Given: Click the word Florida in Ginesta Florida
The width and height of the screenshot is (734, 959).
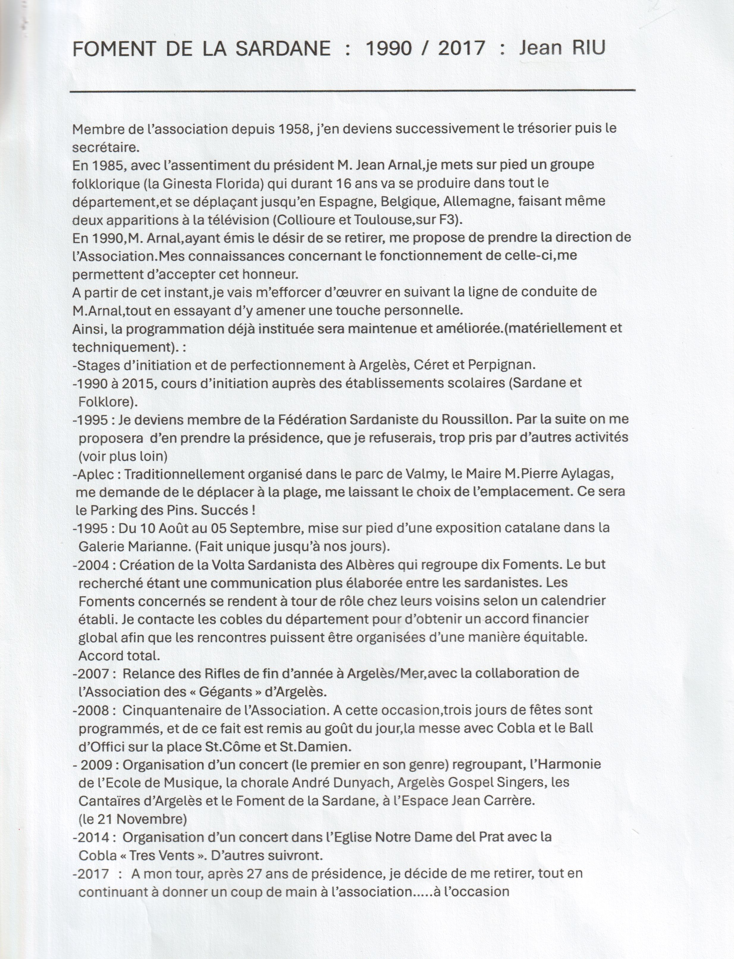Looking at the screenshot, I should pyautogui.click(x=239, y=184).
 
